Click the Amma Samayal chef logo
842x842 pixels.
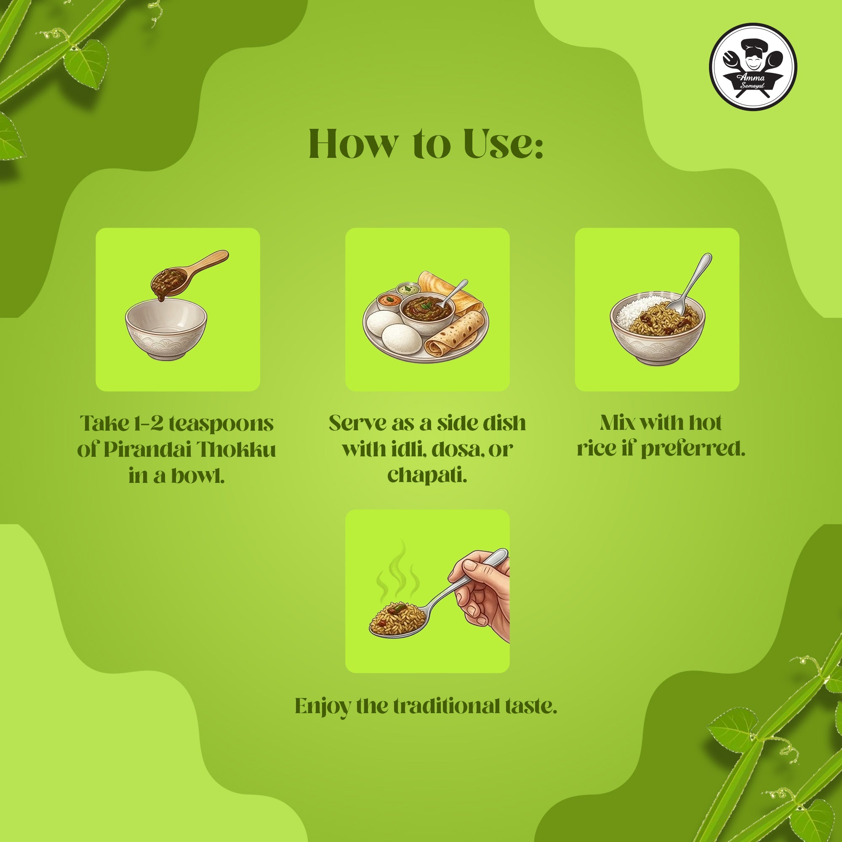[x=753, y=71]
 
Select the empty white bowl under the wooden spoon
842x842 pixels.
[x=166, y=330]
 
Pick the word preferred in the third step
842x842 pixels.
[x=693, y=449]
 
